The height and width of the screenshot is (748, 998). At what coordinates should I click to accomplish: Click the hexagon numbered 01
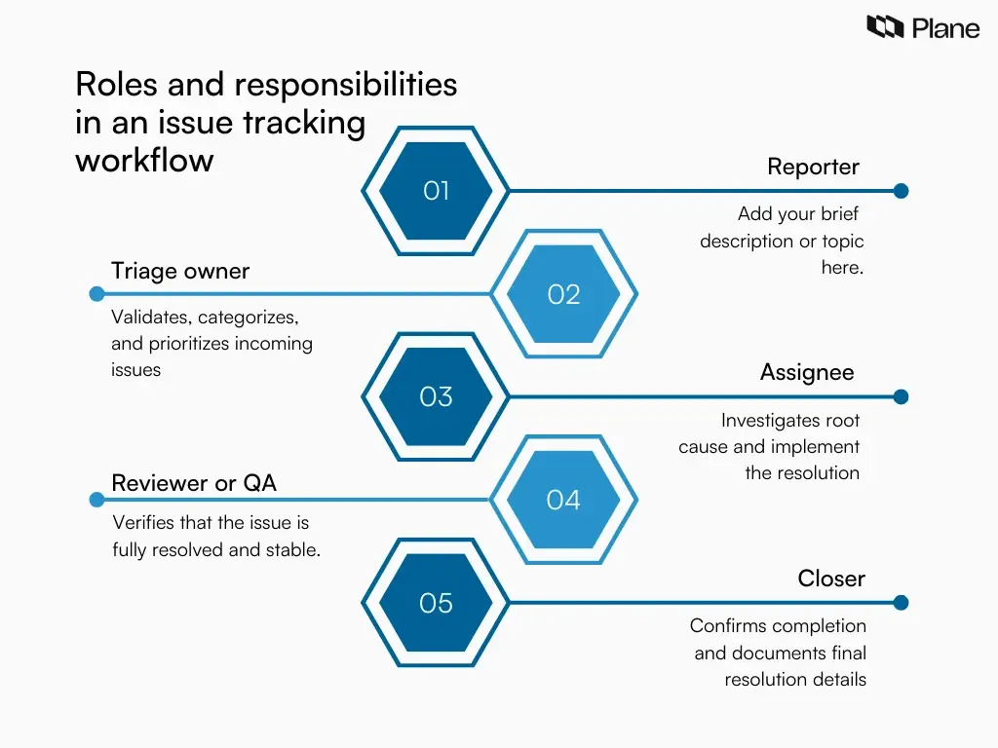coord(436,191)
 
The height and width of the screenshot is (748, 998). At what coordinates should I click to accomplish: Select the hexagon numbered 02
coord(563,294)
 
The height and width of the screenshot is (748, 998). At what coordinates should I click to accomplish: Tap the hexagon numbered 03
coord(436,396)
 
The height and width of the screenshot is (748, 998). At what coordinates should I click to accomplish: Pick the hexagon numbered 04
coord(563,500)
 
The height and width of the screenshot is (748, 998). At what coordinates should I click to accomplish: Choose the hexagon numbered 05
coord(436,603)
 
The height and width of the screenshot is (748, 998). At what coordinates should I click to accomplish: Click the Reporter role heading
coord(813,167)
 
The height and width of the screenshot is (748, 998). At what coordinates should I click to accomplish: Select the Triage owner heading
coord(180,271)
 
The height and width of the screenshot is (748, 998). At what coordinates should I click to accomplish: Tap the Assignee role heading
coord(807,372)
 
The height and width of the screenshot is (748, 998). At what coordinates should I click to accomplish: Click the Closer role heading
coord(831,579)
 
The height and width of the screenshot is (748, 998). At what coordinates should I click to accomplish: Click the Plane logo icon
coord(885,27)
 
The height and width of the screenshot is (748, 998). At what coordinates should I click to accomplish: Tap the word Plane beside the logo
coord(945,28)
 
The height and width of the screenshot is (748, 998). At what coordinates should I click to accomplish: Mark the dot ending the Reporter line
coord(901,191)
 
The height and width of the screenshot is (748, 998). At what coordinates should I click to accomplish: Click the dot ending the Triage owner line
coord(96,294)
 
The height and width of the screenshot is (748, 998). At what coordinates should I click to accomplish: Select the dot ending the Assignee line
coord(901,396)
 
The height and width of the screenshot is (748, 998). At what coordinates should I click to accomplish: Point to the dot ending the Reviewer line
coord(96,500)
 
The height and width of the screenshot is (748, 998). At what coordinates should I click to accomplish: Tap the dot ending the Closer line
coord(901,603)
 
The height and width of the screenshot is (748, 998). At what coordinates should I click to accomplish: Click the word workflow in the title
coord(144,160)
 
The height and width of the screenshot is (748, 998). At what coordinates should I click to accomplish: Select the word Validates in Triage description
coord(152,318)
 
